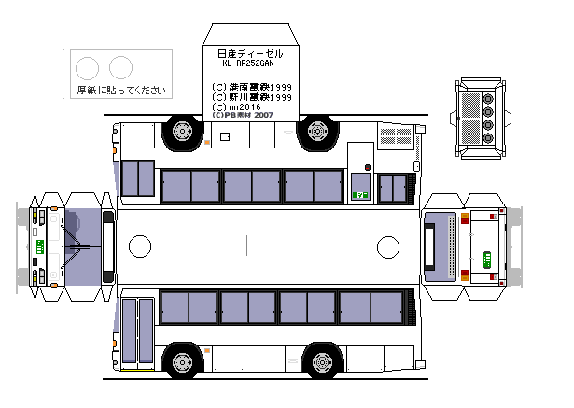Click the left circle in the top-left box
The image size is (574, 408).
86,67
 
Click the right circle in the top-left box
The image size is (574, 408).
120,67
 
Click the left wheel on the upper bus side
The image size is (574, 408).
182,134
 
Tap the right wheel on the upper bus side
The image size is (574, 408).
319,134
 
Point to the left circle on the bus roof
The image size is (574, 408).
139,246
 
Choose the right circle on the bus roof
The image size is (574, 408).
386,246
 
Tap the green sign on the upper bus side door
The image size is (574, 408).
361,195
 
